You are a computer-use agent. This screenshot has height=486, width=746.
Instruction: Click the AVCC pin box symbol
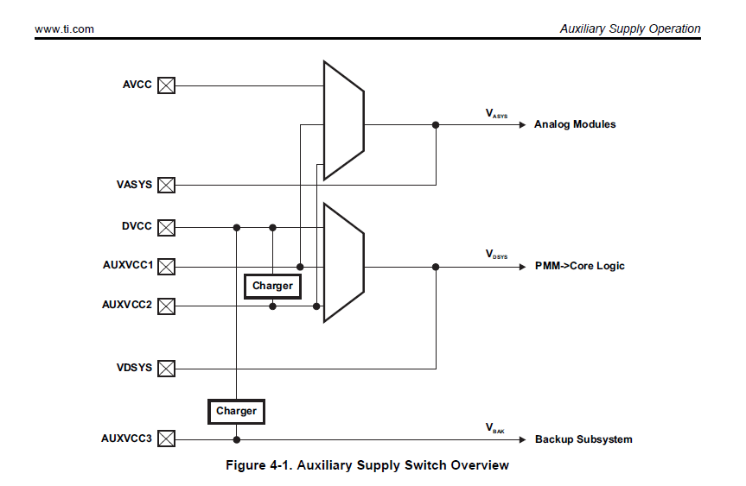[x=166, y=85]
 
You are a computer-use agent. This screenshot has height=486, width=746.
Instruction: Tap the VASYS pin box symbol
[x=166, y=185]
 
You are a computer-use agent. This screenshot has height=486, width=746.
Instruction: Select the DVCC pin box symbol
[x=166, y=228]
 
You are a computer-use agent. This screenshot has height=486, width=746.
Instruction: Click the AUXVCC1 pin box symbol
[x=166, y=267]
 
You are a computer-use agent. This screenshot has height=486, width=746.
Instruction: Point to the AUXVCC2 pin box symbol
[x=166, y=306]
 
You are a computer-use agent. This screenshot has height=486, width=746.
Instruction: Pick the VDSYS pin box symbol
[x=166, y=369]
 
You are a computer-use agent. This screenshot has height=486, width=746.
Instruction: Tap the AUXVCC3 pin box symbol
[x=166, y=439]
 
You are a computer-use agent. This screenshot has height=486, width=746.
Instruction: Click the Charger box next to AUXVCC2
[x=272, y=286]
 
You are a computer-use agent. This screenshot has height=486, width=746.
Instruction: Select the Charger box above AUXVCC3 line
[x=236, y=412]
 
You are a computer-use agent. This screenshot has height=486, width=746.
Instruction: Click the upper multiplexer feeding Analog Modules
[x=343, y=121]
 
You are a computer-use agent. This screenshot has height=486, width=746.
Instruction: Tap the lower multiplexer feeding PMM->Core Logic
[x=343, y=262]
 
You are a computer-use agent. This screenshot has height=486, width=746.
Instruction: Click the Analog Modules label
[x=575, y=124]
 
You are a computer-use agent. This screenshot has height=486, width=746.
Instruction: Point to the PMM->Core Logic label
[x=579, y=266]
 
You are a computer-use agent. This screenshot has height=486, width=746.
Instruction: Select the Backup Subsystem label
[x=583, y=439]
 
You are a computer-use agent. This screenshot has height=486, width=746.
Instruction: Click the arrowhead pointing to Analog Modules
[x=521, y=125]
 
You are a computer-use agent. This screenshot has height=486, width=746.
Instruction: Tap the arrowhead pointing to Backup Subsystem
[x=521, y=439]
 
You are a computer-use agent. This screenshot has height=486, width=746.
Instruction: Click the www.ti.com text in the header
[x=65, y=29]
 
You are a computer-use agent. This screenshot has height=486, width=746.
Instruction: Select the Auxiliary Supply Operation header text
[x=629, y=29]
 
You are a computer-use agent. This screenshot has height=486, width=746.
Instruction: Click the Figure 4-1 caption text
[x=367, y=466]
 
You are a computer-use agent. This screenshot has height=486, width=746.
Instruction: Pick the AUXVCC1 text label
[x=127, y=265]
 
